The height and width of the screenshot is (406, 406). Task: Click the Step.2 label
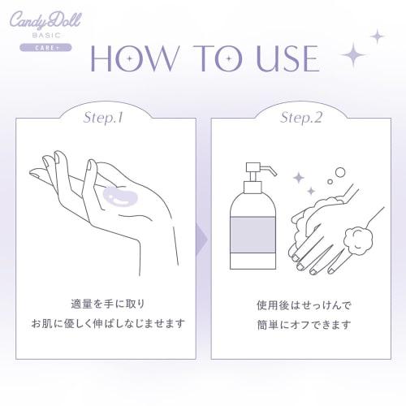point(302,118)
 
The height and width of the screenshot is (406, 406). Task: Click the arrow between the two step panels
point(203,241)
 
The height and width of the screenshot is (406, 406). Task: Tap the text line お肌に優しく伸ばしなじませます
point(114,323)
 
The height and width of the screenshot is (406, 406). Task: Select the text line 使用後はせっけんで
point(302,307)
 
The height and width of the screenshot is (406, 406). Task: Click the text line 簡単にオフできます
point(302,326)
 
